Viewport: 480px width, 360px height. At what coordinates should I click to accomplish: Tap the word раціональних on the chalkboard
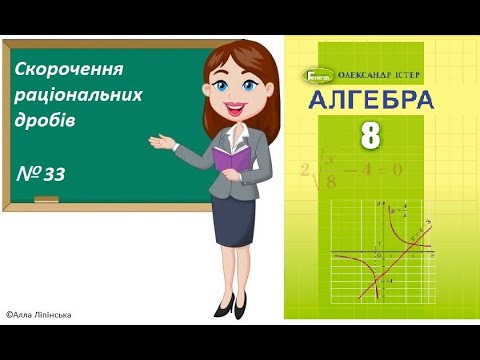pos(79,96)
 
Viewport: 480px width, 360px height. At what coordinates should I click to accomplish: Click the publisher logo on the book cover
pos(318,74)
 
